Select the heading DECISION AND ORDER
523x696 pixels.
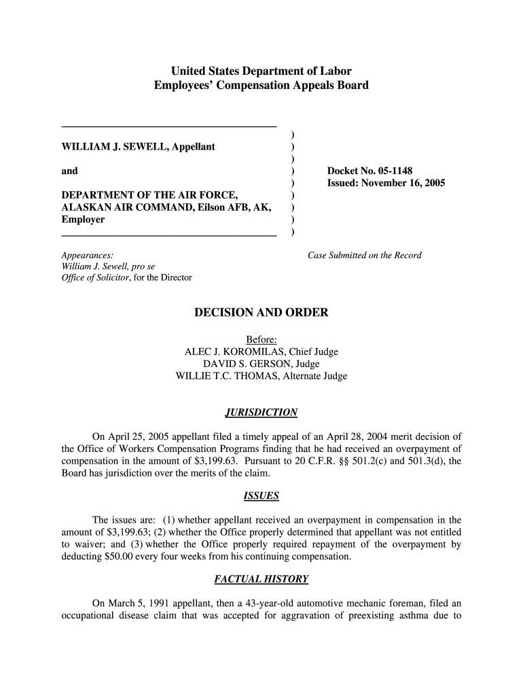(261, 313)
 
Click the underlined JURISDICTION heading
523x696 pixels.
(261, 413)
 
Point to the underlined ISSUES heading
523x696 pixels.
(261, 496)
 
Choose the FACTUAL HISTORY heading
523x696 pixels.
(261, 580)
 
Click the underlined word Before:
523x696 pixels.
(261, 340)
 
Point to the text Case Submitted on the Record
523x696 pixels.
(365, 256)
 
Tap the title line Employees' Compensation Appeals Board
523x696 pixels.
(261, 86)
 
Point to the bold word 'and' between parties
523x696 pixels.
(69, 171)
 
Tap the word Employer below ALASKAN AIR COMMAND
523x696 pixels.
(83, 220)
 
